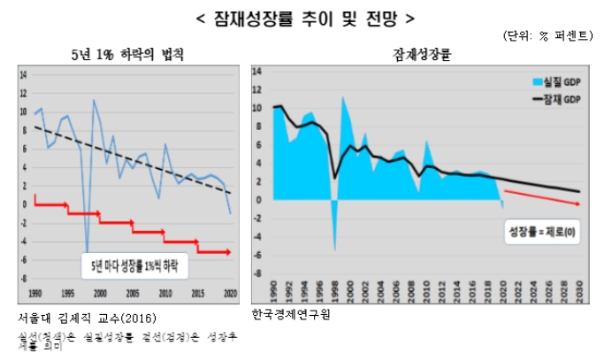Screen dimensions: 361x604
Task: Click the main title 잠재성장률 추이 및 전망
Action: pyautogui.click(x=302, y=16)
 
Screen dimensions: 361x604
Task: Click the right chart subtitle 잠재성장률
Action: pyautogui.click(x=417, y=55)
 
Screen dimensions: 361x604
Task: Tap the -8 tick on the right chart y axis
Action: pyautogui.click(x=257, y=273)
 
